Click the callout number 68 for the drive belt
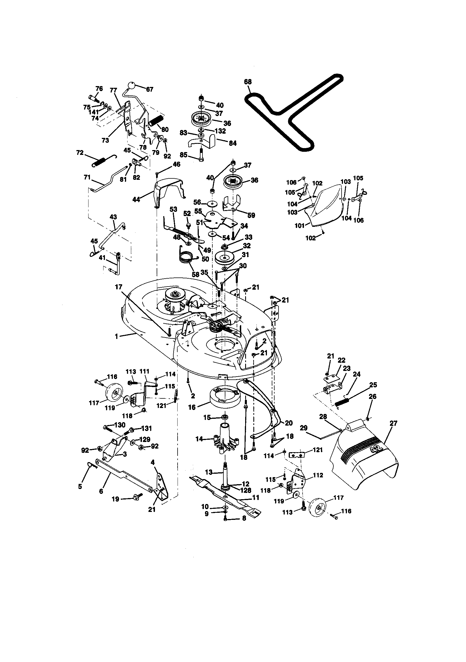click(x=247, y=82)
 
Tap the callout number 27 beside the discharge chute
click(x=393, y=423)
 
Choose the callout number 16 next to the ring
click(x=192, y=407)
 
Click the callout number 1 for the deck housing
click(x=116, y=336)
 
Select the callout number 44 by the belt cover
click(x=136, y=199)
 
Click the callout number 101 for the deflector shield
click(x=299, y=225)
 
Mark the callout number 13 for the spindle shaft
click(x=208, y=472)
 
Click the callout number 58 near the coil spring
click(x=196, y=274)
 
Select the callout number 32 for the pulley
click(x=247, y=246)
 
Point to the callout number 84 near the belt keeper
click(x=232, y=143)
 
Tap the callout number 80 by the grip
click(x=165, y=130)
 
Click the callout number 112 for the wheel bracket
click(x=318, y=475)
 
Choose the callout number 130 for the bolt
click(x=120, y=425)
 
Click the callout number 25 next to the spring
click(x=373, y=385)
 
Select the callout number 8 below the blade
click(x=244, y=518)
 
